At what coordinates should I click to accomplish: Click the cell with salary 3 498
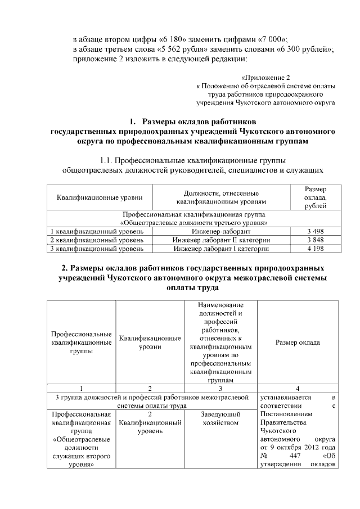click(315, 231)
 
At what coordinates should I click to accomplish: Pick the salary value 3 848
click(315, 240)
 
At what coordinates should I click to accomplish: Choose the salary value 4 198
click(315, 248)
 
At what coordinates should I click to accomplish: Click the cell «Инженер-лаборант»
click(221, 231)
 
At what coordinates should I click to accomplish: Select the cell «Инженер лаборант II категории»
click(221, 240)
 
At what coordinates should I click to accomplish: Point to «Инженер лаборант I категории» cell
click(221, 248)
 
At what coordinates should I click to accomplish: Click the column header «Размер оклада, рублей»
click(315, 197)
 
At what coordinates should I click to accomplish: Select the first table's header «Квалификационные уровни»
click(100, 197)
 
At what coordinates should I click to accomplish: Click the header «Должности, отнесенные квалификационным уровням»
click(221, 197)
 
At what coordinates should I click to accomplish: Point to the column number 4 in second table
click(298, 388)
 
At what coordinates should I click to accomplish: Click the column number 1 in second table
click(81, 388)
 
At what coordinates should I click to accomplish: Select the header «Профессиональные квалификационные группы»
click(81, 343)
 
